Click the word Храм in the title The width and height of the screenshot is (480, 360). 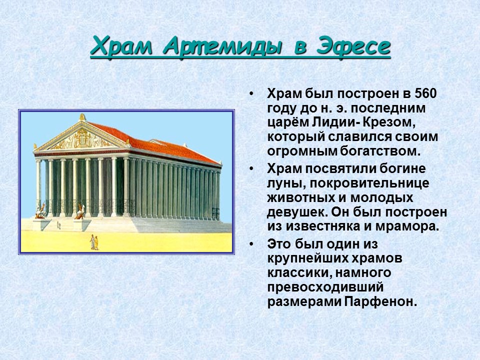pos(123,47)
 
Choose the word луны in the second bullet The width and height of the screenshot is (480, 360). pos(284,183)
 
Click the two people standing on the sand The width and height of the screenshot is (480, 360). pos(93,242)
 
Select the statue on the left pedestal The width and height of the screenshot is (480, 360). pos(40,212)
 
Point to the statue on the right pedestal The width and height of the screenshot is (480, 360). pos(79,212)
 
